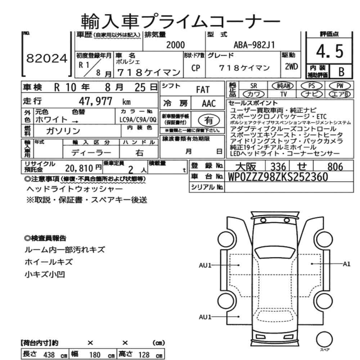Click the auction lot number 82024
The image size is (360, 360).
47,58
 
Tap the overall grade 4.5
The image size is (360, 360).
329,51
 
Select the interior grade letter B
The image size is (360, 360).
341,72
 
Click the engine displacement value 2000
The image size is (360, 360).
175,45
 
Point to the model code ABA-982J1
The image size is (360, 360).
254,45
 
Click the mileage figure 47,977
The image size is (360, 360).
95,101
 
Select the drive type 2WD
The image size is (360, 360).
291,67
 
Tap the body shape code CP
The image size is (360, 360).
195,68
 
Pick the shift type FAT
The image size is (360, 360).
203,90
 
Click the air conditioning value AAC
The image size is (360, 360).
209,104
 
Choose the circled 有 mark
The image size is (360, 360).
209,120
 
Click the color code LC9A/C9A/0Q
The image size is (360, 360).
138,120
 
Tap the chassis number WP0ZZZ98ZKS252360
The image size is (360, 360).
278,176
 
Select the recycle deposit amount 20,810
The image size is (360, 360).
79,168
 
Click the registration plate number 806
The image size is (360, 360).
335,166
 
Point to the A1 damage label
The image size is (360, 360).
346,264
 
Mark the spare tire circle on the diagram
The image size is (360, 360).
324,339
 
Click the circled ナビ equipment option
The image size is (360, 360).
312,94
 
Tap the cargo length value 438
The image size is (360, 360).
49,355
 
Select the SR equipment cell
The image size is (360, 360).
253,86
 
